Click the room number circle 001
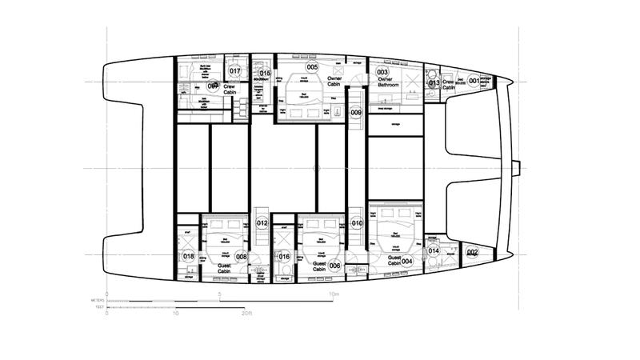474,81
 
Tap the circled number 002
472,254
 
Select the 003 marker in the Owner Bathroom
382,72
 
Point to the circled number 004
406,261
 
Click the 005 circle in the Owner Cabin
312,67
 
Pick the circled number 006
334,266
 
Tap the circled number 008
241,257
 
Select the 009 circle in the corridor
356,113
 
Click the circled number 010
357,222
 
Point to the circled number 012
262,223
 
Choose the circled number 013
433,82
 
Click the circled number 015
265,74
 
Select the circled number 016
284,257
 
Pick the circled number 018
189,257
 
